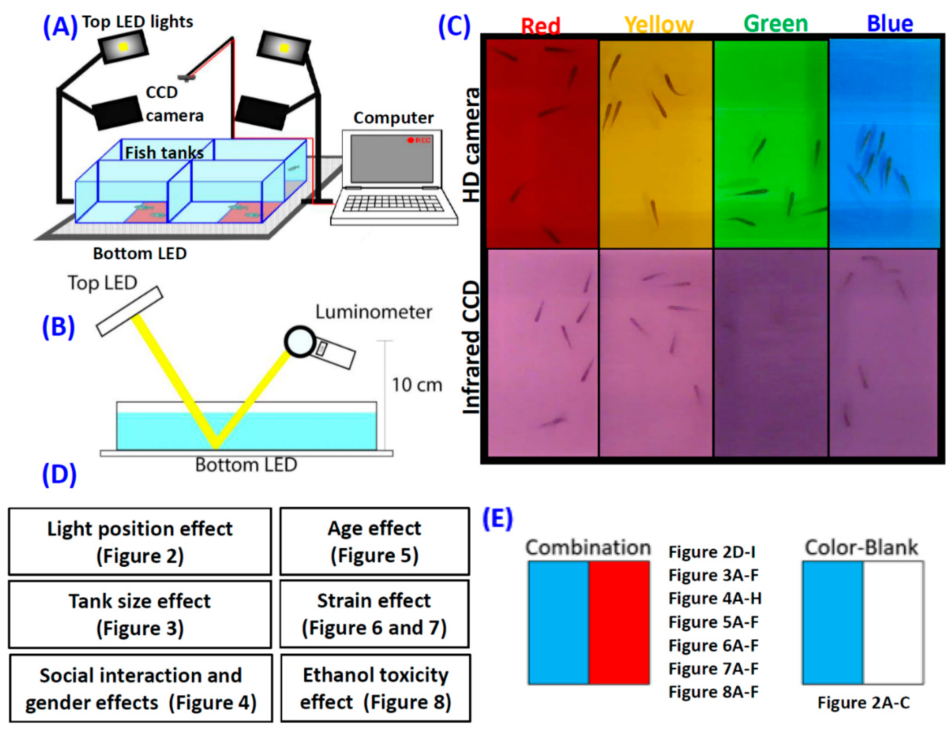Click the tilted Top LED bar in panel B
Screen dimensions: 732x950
click(x=129, y=311)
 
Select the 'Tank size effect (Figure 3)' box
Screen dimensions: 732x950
click(x=140, y=614)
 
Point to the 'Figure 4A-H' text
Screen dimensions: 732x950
click(x=715, y=598)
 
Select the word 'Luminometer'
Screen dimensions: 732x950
click(x=373, y=312)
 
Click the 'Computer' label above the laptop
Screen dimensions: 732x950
click(x=393, y=118)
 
